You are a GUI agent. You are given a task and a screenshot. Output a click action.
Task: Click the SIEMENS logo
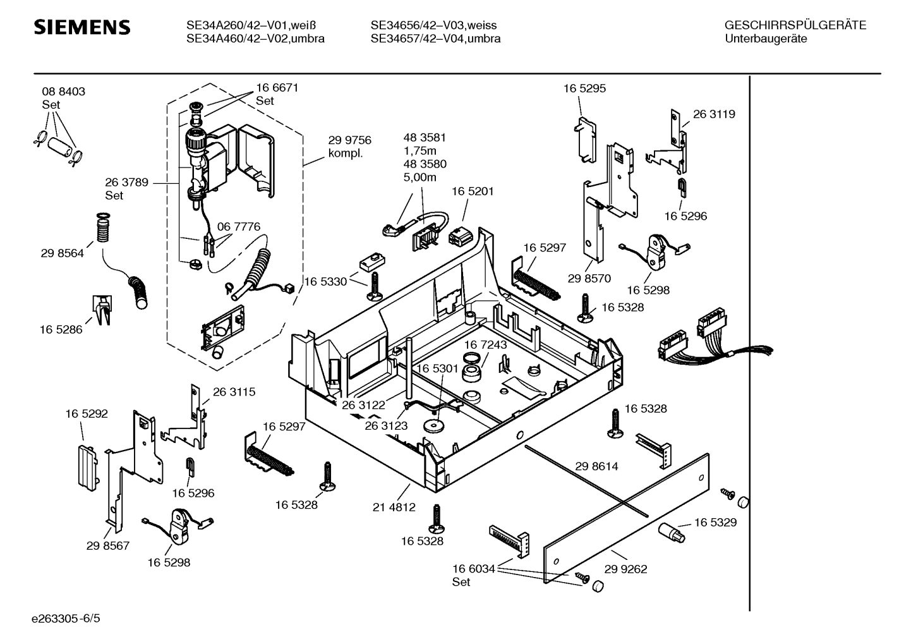pos(81,27)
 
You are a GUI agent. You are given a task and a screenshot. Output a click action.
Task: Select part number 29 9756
pos(349,140)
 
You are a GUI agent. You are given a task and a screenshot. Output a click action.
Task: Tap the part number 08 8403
pos(64,92)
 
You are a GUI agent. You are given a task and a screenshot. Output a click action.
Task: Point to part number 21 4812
pos(394,507)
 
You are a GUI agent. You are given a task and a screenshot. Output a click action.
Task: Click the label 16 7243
pos(485,344)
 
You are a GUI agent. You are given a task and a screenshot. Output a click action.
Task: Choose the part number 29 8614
pos(596,466)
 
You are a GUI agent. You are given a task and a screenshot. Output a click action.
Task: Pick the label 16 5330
pos(326,281)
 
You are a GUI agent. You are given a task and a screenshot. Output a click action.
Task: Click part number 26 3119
pos(714,114)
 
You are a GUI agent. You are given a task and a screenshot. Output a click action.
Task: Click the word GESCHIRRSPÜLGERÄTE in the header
pos(795,25)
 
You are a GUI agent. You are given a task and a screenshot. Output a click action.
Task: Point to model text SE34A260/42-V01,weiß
pos(251,25)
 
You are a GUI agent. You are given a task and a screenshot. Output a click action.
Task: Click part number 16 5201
pos(473,191)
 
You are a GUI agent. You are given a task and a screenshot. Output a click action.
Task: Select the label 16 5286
pos(61,329)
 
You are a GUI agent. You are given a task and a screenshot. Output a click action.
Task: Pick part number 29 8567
pos(108,545)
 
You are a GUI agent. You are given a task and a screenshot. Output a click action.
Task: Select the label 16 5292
pos(87,414)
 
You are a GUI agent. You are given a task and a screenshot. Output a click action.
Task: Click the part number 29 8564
pos(63,253)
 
